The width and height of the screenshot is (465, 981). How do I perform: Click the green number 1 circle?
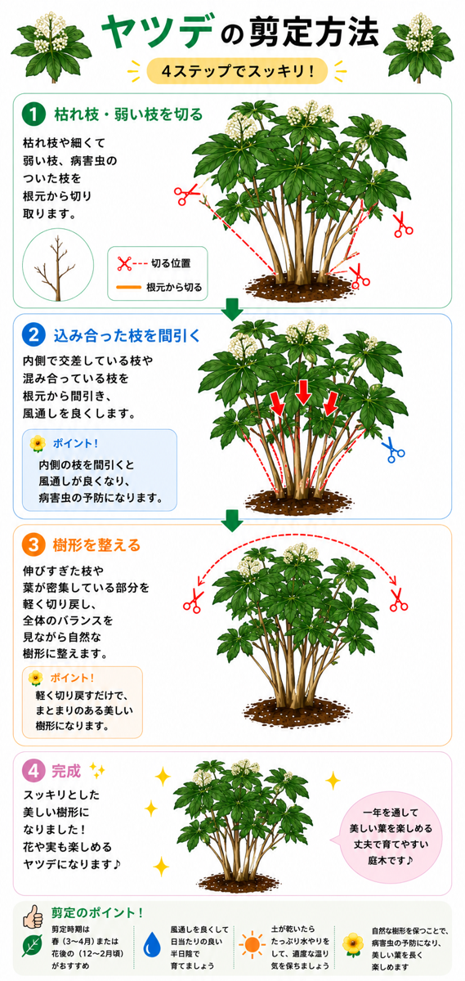click(34, 114)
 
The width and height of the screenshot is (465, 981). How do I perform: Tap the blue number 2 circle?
click(34, 335)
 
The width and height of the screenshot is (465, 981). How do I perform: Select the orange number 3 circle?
click(34, 544)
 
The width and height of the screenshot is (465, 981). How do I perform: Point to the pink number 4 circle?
click(34, 771)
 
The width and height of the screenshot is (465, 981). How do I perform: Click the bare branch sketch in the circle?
click(57, 268)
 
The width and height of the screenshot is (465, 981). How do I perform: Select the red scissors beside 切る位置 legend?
click(124, 263)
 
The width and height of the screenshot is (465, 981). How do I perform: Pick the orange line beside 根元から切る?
click(129, 287)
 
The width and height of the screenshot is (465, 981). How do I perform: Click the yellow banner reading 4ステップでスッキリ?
click(237, 70)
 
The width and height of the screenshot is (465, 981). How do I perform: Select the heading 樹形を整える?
click(96, 545)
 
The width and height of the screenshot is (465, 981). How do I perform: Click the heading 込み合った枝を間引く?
click(127, 335)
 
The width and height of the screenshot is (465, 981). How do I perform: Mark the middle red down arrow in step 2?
click(303, 392)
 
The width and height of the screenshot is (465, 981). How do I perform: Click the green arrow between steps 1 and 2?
click(232, 309)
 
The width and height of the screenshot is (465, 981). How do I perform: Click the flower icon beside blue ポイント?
click(38, 444)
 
